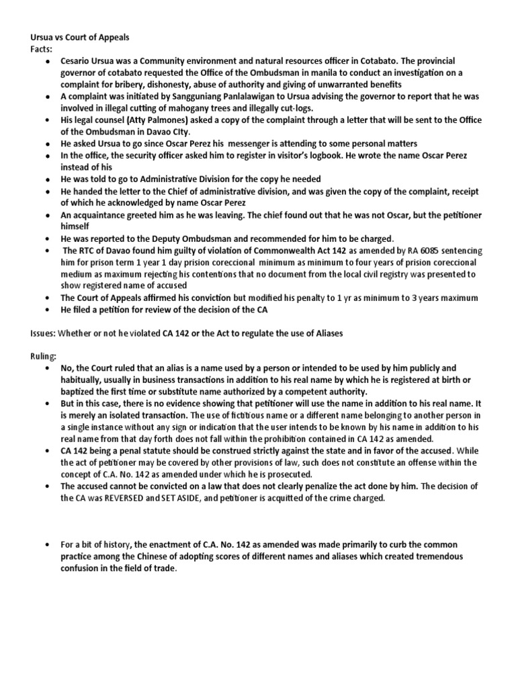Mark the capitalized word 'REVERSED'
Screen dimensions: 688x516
141,498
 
